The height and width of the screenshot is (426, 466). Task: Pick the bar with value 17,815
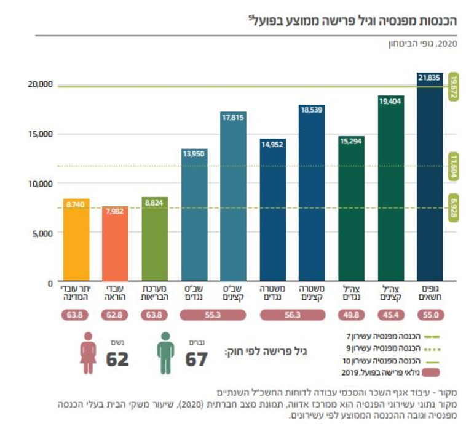[x=234, y=197]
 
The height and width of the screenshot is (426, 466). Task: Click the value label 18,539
[x=312, y=109]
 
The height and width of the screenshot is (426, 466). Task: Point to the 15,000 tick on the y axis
[x=40, y=134]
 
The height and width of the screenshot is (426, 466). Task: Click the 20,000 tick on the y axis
[x=40, y=84]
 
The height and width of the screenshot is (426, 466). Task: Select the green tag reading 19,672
[x=454, y=86]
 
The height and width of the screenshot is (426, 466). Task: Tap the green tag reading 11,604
[x=454, y=166]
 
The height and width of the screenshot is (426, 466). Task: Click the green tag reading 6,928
[x=454, y=207]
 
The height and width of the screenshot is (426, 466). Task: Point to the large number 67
[x=197, y=358]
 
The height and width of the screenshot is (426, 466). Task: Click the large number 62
[x=117, y=358]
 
